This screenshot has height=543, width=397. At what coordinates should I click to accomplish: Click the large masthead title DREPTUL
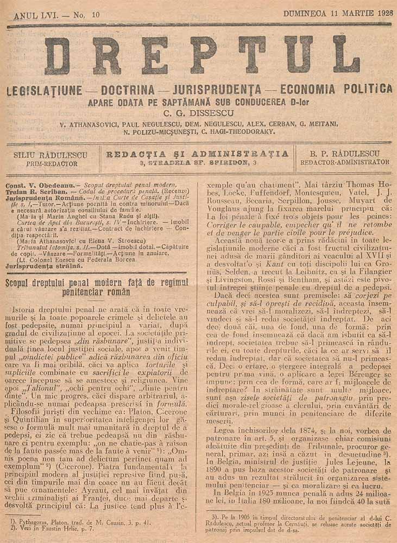(x=202, y=55)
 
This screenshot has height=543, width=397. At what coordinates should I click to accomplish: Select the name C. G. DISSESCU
(x=198, y=113)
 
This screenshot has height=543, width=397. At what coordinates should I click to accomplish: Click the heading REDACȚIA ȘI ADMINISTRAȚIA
(x=198, y=154)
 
